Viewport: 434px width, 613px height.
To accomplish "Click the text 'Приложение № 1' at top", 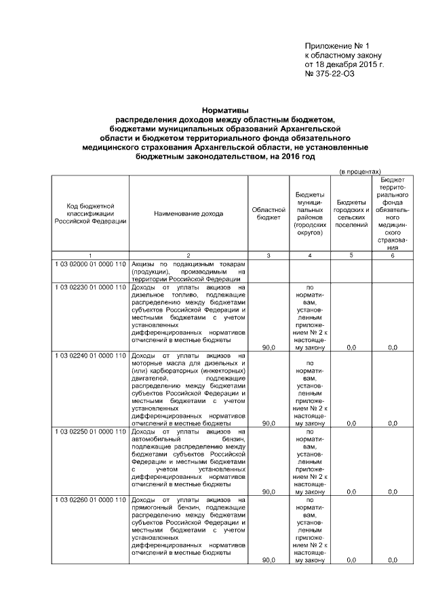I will (337, 45).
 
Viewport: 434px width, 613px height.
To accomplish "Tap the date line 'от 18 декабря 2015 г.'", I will (344, 64).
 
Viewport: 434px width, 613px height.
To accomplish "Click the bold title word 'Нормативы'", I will (225, 110).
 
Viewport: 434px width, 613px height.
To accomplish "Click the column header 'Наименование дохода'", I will (188, 213).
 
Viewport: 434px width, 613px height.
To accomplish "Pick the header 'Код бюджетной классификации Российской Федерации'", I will (90, 213).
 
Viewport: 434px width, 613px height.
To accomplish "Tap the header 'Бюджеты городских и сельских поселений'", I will (351, 213).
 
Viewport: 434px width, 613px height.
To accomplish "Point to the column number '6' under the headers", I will (393, 255).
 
